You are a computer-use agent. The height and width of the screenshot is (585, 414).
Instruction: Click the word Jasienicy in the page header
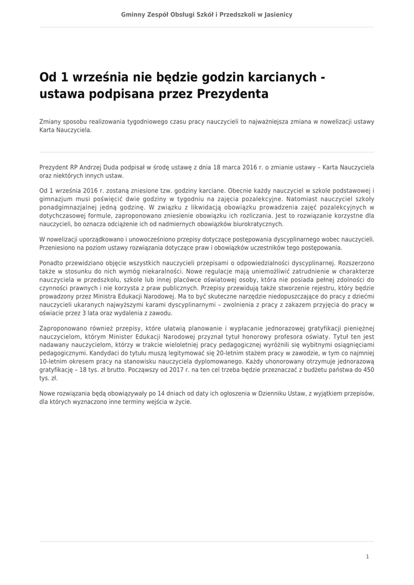tap(277, 14)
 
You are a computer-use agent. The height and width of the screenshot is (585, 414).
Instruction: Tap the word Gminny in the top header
tap(134, 14)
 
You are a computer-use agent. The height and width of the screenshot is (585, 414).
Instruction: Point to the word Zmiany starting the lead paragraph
tap(50, 122)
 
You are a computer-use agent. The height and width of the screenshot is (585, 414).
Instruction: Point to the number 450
tap(368, 370)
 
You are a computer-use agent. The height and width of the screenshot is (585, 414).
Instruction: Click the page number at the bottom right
tap(367, 556)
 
